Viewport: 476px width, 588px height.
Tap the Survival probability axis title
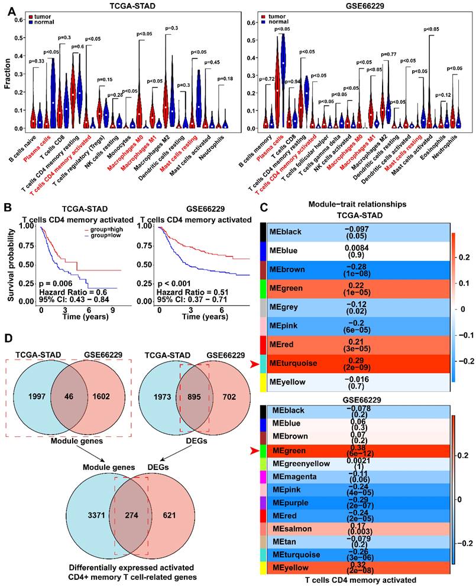[x=8, y=261]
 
